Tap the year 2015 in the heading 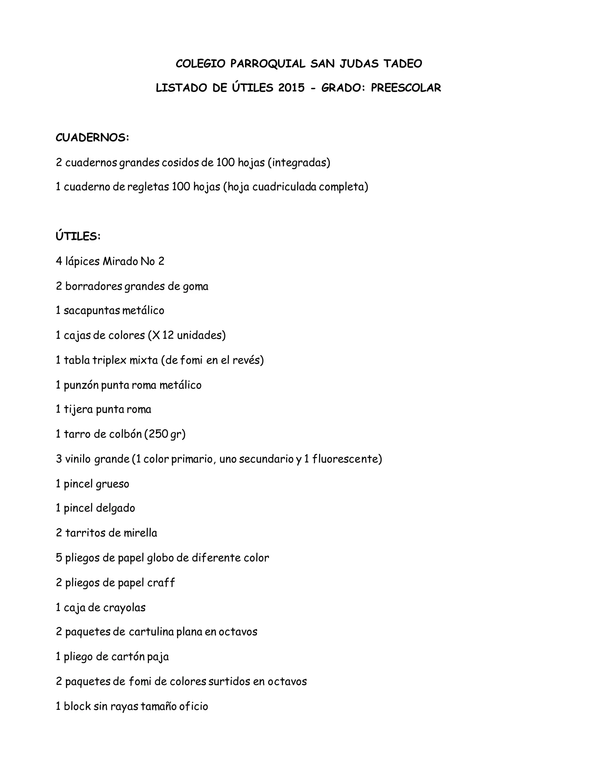coord(292,88)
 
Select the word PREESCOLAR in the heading coord(406,88)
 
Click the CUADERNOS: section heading coord(92,138)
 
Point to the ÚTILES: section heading coord(78,236)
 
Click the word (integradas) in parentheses coord(299,163)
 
